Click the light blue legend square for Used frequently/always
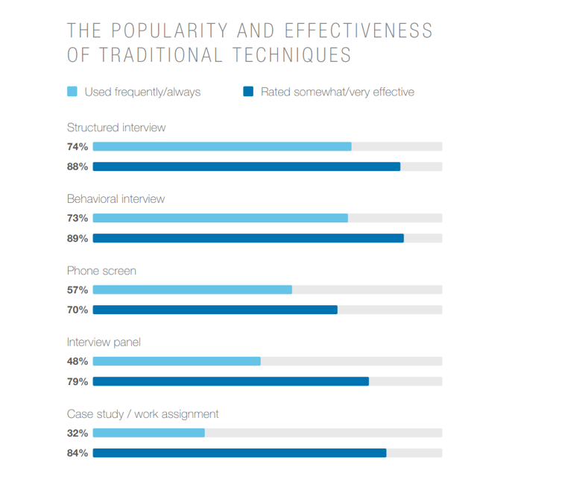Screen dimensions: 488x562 coord(72,92)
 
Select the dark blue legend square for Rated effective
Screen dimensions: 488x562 coord(248,92)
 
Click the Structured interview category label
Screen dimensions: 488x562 coord(116,128)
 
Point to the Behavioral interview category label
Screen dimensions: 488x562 coord(116,199)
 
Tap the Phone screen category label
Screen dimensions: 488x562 coord(101,271)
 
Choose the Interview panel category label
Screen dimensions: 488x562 coord(104,342)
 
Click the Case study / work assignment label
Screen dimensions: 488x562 coord(142,414)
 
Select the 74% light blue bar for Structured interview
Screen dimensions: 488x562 coord(222,146)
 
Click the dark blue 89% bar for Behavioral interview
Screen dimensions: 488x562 coord(248,238)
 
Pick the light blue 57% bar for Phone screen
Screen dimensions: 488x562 coord(192,290)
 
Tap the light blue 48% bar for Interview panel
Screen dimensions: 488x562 coord(177,361)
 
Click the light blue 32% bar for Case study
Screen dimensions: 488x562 coord(148,433)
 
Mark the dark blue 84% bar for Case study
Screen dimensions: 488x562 coord(239,453)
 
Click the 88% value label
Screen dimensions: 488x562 coord(78,166)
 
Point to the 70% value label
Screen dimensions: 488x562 coord(78,310)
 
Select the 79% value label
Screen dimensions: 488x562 coord(78,381)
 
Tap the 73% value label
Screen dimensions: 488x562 coord(78,218)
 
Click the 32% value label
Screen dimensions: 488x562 coord(78,433)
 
